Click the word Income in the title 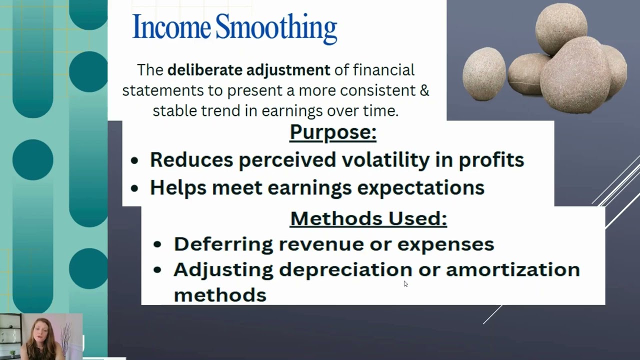tap(171, 27)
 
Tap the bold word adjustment tap(288, 70)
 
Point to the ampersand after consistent tap(424, 90)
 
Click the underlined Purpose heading tap(332, 132)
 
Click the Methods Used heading tap(368, 218)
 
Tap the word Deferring tap(223, 244)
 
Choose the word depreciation tap(345, 270)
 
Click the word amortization tap(512, 270)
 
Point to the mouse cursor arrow tap(405, 283)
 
